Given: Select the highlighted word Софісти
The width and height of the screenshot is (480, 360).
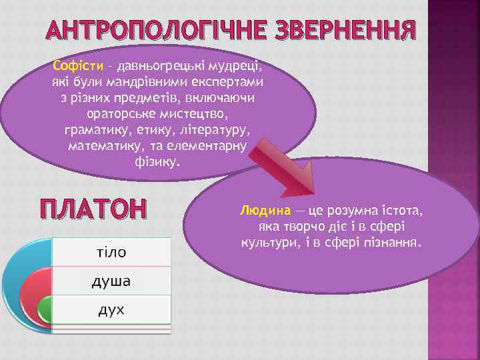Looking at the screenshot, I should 78,67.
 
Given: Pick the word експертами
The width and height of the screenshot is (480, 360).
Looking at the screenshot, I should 229,83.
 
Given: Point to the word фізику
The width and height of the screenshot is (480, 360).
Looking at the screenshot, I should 157,161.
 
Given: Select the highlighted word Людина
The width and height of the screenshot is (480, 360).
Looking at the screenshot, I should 265,211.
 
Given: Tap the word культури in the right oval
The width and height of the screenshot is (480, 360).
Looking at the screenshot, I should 265,242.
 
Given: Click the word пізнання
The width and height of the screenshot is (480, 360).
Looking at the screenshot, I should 393,242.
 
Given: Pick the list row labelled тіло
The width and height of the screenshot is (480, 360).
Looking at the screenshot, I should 111,251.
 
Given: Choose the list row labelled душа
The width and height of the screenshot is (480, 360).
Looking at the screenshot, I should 111,281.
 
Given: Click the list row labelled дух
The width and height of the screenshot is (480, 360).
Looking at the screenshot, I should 111,310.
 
